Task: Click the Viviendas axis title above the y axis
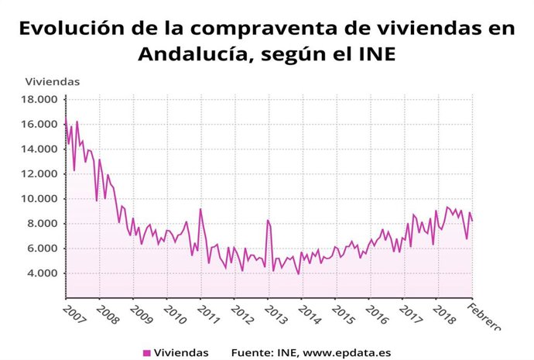click(53, 81)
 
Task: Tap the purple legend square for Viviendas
click(147, 353)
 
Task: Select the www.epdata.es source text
click(344, 353)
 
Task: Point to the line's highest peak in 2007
click(77, 122)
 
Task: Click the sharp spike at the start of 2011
click(200, 209)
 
